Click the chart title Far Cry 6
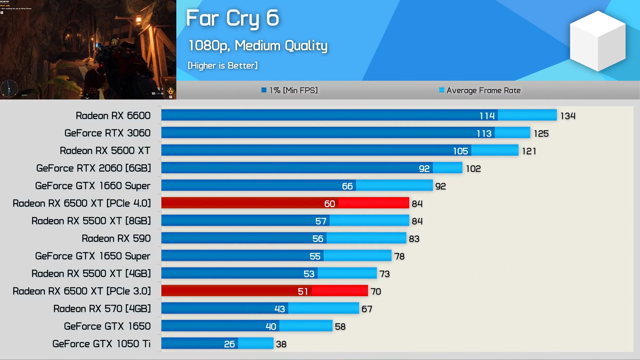tap(232, 18)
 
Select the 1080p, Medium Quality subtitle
tap(258, 46)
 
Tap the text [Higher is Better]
tap(223, 66)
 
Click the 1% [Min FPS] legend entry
tap(290, 90)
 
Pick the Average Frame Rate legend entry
tap(480, 90)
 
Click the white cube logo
tap(597, 41)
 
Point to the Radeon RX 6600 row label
tap(113, 116)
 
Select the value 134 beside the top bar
tap(568, 116)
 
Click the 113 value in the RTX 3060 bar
tap(484, 133)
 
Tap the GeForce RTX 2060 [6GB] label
tap(94, 168)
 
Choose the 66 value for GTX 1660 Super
tap(347, 186)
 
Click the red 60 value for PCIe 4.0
tap(329, 204)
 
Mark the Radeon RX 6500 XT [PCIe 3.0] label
tap(82, 291)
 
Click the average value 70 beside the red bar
tap(376, 292)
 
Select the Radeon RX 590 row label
tap(116, 239)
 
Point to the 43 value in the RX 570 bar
tap(279, 309)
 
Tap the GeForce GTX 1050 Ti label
tap(101, 344)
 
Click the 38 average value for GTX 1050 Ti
tap(281, 344)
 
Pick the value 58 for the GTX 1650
tap(340, 327)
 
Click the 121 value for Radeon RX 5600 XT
tap(529, 151)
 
